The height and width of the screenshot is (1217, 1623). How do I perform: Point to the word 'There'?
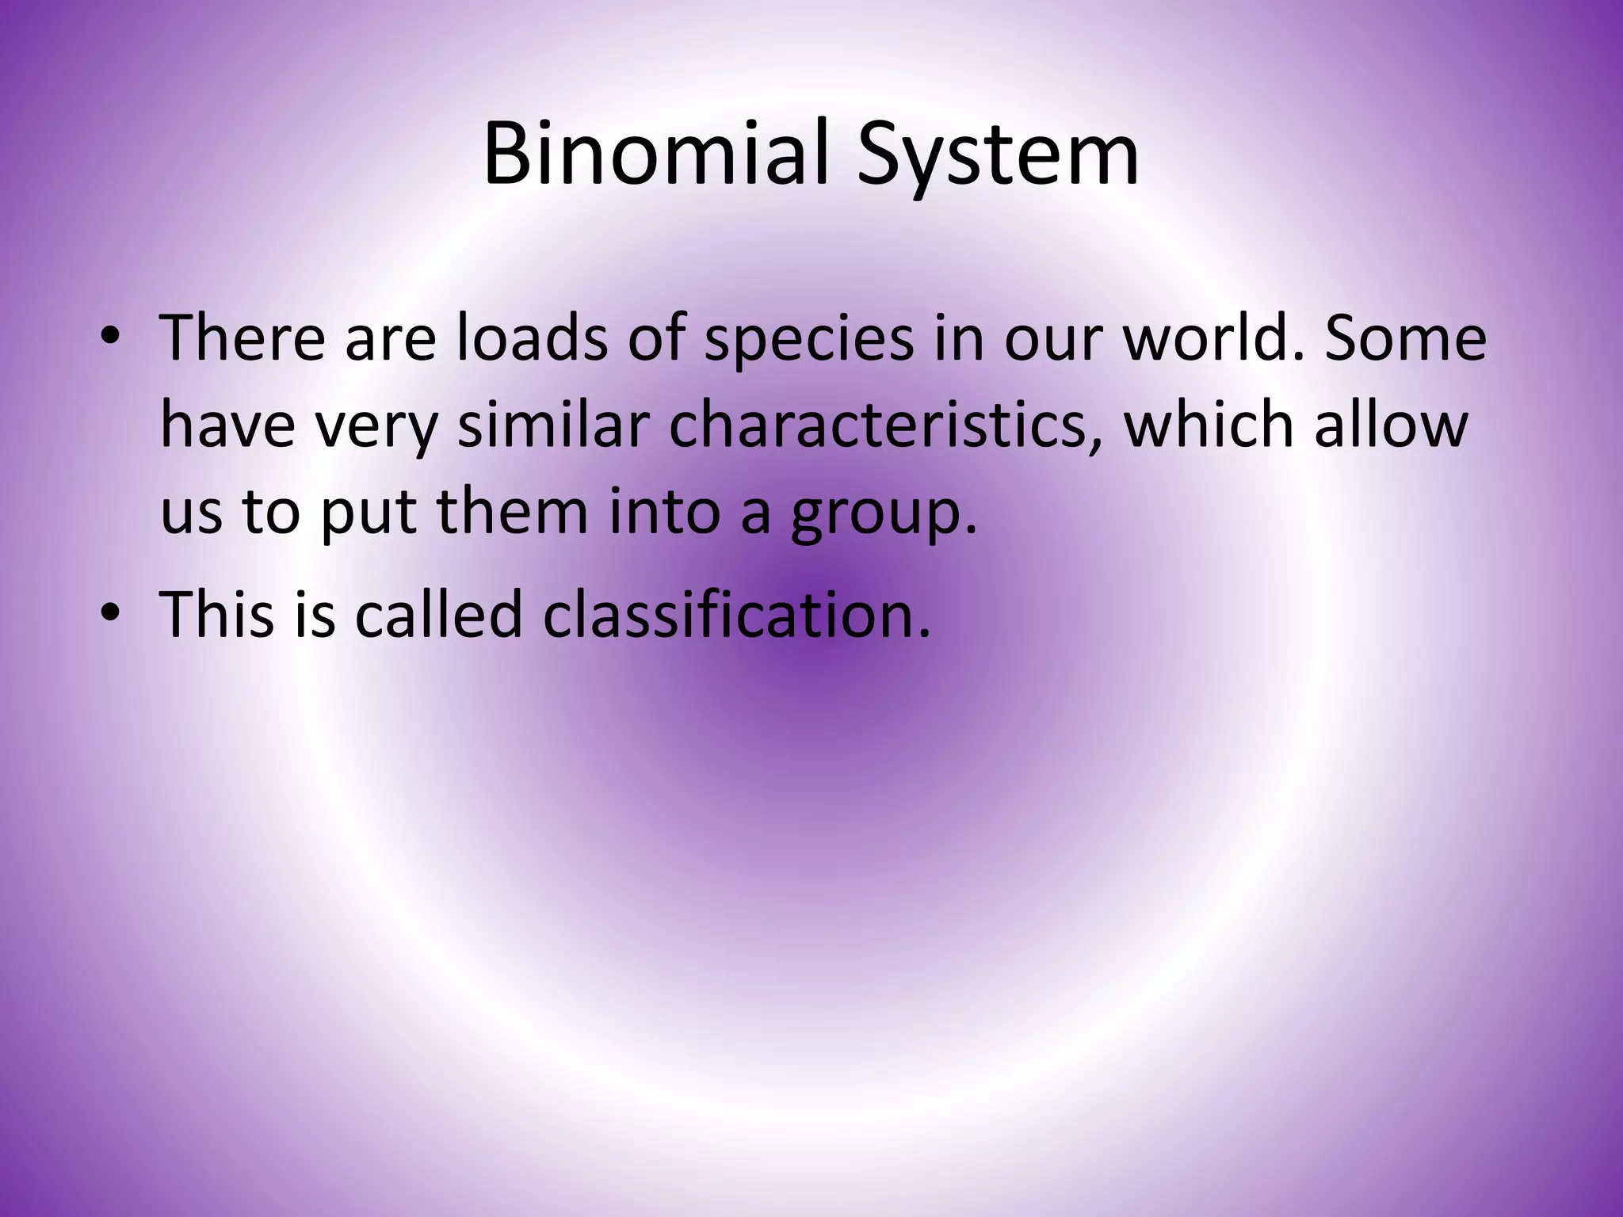(x=242, y=338)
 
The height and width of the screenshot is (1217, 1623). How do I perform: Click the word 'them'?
(x=514, y=513)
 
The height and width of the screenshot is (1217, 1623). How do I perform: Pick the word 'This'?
(x=216, y=613)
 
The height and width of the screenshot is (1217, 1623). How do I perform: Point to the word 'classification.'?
(x=736, y=613)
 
